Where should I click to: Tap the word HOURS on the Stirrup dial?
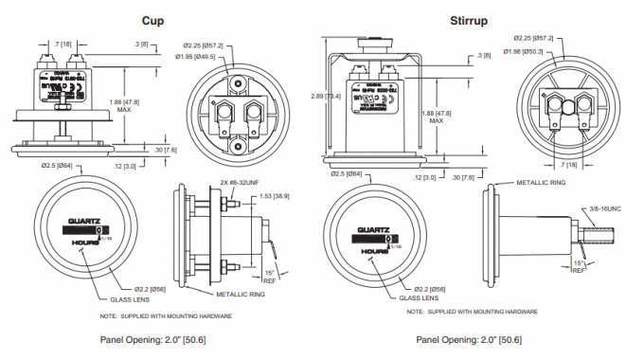coord(381,251)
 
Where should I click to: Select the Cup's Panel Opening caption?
coord(153,339)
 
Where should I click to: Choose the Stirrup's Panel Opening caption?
coord(468,339)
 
